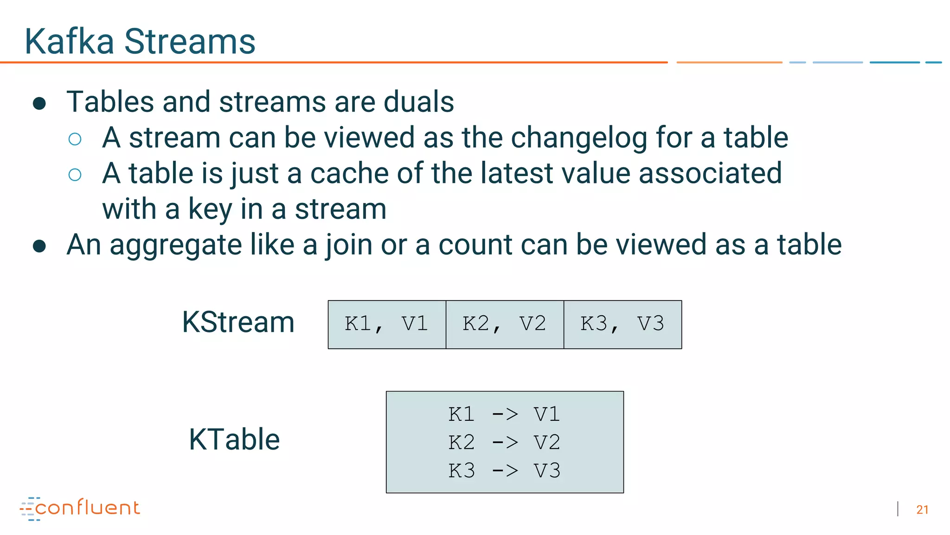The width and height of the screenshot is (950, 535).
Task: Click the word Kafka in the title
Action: point(69,42)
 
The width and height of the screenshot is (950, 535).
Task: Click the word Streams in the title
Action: point(190,42)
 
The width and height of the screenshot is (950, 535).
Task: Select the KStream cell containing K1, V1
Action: point(386,324)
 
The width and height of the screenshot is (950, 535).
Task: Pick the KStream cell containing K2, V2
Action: point(504,324)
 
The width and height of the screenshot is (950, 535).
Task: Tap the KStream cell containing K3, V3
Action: point(623,324)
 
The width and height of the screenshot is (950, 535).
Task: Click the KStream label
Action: point(238,322)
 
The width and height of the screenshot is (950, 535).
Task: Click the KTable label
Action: point(234,439)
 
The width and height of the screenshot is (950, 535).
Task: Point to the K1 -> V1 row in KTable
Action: point(504,414)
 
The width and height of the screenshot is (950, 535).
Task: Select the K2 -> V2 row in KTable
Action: point(504,443)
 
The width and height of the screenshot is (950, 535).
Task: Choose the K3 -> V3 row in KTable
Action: point(504,471)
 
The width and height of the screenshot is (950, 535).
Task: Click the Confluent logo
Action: point(80,508)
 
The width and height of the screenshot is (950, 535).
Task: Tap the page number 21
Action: point(922,510)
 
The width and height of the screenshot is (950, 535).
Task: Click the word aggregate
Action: point(176,245)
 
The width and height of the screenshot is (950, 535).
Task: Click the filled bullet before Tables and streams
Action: point(39,104)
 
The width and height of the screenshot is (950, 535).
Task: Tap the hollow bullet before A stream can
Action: point(75,139)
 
